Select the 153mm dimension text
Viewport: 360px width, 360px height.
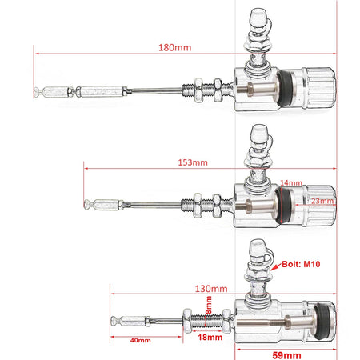click(x=193, y=162)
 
